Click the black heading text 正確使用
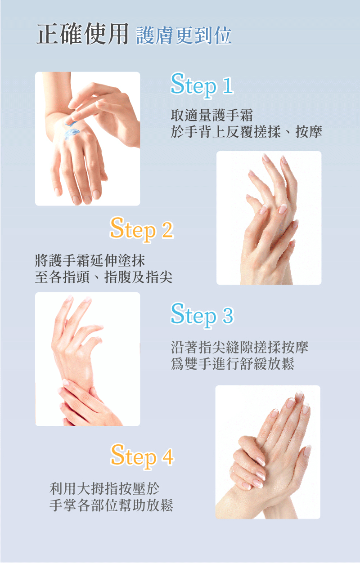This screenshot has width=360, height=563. pyautogui.click(x=83, y=34)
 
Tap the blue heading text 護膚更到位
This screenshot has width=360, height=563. pyautogui.click(x=184, y=36)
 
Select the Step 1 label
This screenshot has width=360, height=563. pyautogui.click(x=202, y=85)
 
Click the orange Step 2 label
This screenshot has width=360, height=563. pyautogui.click(x=142, y=229)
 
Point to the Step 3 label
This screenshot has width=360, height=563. pyautogui.click(x=202, y=315)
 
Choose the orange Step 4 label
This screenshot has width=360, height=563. pyautogui.click(x=142, y=456)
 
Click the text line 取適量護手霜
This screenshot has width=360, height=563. pyautogui.click(x=212, y=115)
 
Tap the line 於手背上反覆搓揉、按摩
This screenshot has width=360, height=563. pyautogui.click(x=246, y=131)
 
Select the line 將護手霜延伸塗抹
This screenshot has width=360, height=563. pyautogui.click(x=90, y=260)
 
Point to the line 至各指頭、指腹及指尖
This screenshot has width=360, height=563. pyautogui.click(x=103, y=277)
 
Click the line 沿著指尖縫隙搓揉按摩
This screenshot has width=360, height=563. pyautogui.click(x=239, y=347)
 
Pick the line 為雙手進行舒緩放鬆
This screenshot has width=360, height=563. pyautogui.click(x=233, y=364)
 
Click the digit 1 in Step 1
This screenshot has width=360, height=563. pyautogui.click(x=228, y=86)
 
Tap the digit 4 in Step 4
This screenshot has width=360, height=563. pyautogui.click(x=168, y=456)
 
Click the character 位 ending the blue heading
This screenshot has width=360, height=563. pyautogui.click(x=223, y=36)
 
